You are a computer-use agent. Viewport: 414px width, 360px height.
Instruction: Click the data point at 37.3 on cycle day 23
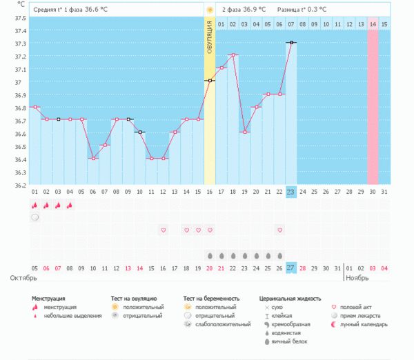tap(292, 43)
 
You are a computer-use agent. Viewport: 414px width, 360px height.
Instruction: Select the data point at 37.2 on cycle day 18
tap(233, 55)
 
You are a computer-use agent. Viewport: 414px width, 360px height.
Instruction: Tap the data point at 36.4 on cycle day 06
tap(93, 159)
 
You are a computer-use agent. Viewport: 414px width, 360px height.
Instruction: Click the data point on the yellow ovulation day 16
tap(210, 81)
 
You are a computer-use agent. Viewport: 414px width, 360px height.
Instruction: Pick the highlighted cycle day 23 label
tap(291, 192)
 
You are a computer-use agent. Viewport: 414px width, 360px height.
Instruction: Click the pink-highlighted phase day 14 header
tap(373, 25)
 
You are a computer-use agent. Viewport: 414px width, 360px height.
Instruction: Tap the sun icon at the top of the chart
tap(209, 10)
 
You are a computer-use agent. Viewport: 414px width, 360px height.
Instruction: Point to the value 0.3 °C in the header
tap(313, 10)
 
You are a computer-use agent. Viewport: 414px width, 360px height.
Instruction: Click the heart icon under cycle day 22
tap(279, 230)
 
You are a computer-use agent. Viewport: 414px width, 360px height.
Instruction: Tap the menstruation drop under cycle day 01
tap(34, 205)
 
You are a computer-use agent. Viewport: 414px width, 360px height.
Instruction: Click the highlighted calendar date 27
tap(291, 268)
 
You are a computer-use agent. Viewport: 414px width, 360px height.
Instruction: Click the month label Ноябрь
tap(357, 278)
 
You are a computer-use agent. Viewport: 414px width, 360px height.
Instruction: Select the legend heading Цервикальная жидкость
tap(290, 299)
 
